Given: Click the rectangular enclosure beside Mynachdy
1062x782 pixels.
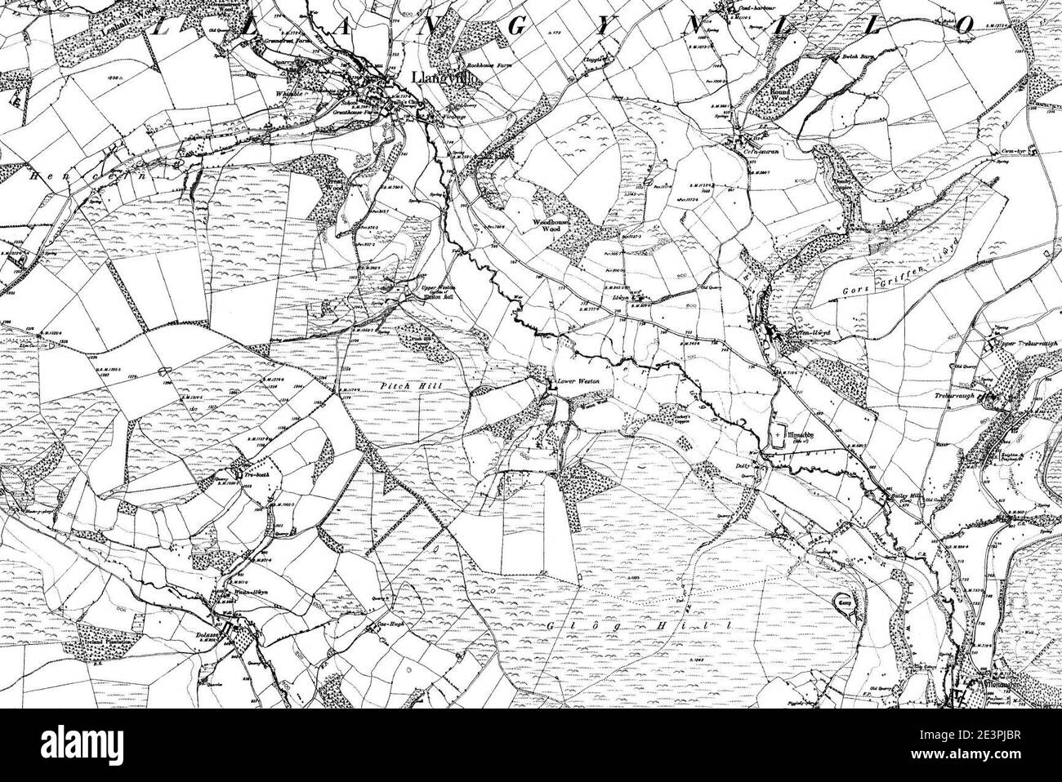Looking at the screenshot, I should (779, 435).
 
